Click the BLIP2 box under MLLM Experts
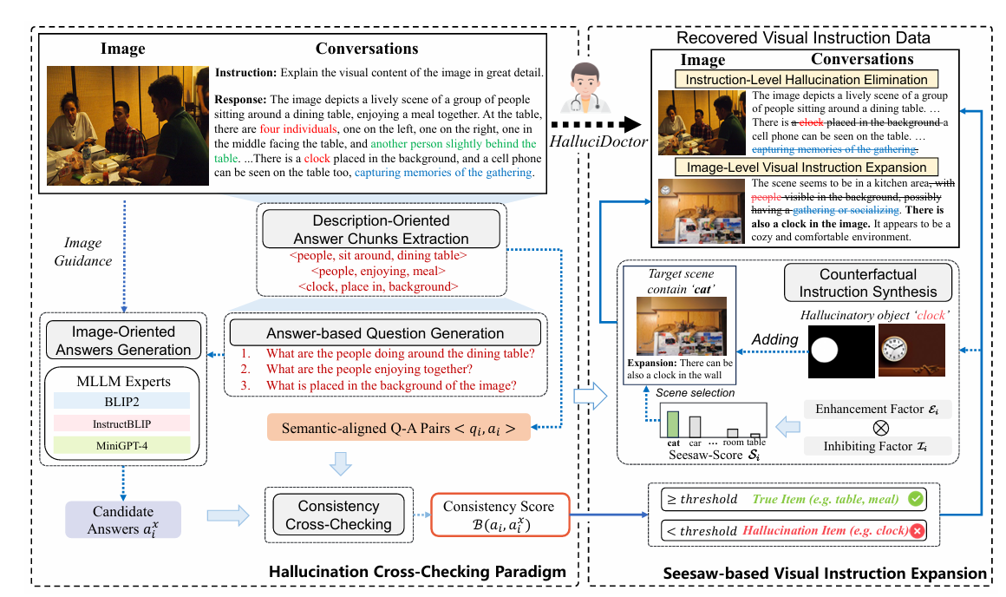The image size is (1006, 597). point(127,399)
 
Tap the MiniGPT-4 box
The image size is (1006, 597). point(127,445)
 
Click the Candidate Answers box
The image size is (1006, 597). point(123,520)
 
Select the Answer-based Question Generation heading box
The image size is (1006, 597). point(385,333)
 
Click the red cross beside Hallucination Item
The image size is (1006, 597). point(916,530)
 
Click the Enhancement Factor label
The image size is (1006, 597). point(877,410)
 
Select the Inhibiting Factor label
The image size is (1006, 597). point(877,446)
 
